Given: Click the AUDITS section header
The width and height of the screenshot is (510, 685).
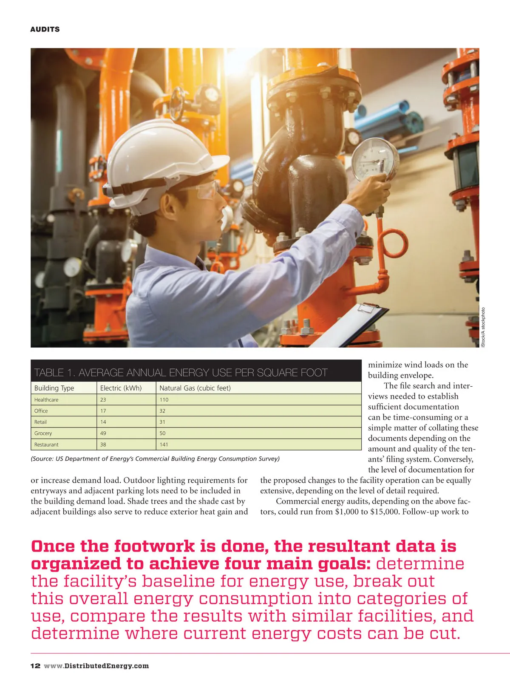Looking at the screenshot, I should (45, 29).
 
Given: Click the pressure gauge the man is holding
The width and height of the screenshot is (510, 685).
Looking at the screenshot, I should (374, 159).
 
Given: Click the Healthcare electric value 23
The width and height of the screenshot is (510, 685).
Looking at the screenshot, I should (103, 400).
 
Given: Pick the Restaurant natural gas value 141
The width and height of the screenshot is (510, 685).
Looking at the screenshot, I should (164, 444).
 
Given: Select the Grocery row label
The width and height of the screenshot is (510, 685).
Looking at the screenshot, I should (43, 433).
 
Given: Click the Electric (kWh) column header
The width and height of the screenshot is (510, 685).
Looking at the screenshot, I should (121, 388).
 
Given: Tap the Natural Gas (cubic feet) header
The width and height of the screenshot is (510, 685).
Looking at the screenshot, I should (195, 388).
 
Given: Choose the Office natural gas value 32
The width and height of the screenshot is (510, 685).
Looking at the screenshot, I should (162, 411).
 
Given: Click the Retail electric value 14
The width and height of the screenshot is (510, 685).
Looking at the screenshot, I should (103, 422).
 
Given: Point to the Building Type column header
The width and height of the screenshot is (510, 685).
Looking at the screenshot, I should (54, 388).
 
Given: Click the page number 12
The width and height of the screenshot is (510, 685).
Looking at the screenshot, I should (35, 666).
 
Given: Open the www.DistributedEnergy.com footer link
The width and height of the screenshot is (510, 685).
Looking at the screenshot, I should (96, 666).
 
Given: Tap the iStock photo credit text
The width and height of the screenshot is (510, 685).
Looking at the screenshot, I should (483, 327).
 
